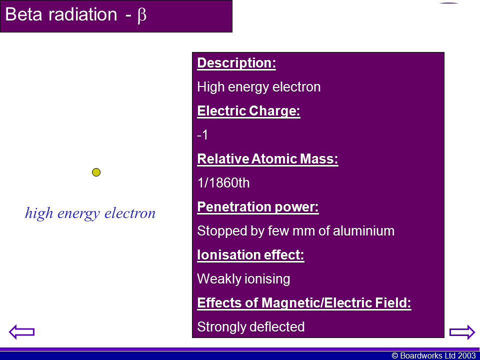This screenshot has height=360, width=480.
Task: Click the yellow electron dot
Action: (96, 172)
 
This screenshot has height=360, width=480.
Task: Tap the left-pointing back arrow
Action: (21, 332)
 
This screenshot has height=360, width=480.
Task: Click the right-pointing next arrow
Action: (462, 332)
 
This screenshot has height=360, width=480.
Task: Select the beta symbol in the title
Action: (141, 15)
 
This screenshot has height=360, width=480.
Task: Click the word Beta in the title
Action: (23, 14)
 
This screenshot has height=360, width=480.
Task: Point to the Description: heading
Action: (236, 63)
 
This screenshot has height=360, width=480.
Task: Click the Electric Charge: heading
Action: (248, 111)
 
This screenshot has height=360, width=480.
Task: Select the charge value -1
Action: (202, 134)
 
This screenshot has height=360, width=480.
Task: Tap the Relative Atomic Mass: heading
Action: (267, 159)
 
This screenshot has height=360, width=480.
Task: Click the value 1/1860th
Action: (223, 183)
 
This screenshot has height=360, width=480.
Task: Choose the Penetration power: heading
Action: (258, 207)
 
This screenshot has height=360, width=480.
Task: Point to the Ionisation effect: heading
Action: (250, 254)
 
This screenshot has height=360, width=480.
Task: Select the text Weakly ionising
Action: (243, 279)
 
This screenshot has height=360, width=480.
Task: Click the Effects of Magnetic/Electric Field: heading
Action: (304, 303)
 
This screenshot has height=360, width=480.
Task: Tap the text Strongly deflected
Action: (250, 326)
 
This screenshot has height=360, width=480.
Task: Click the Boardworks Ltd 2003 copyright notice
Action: (433, 355)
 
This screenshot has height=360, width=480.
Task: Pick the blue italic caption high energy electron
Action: (90, 213)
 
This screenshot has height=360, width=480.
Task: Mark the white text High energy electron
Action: (258, 87)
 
